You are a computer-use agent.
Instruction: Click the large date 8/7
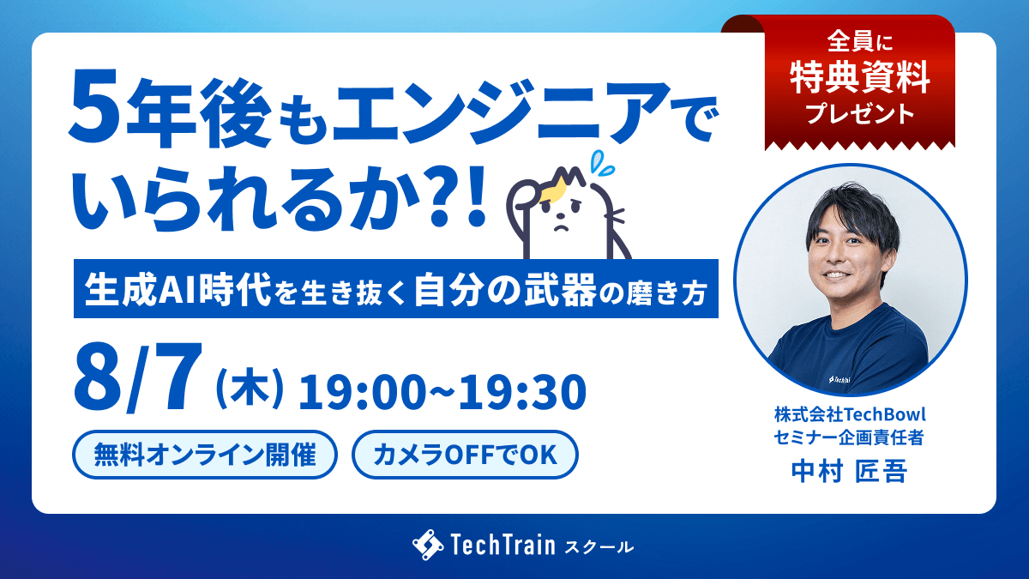[138, 377]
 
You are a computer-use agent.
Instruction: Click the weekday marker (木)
[250, 390]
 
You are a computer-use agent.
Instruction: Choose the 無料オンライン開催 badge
[205, 455]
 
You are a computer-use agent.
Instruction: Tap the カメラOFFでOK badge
[465, 455]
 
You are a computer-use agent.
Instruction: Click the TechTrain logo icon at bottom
[428, 545]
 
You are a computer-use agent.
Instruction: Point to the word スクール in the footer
[599, 547]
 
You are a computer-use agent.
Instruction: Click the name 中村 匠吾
[849, 471]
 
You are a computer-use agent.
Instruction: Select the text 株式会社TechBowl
[850, 414]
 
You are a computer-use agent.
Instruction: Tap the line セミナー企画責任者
[849, 437]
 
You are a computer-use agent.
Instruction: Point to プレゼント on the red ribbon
[860, 114]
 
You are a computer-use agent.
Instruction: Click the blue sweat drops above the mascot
[602, 163]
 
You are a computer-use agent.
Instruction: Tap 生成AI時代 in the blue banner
[178, 290]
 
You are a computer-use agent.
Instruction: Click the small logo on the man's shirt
[839, 379]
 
